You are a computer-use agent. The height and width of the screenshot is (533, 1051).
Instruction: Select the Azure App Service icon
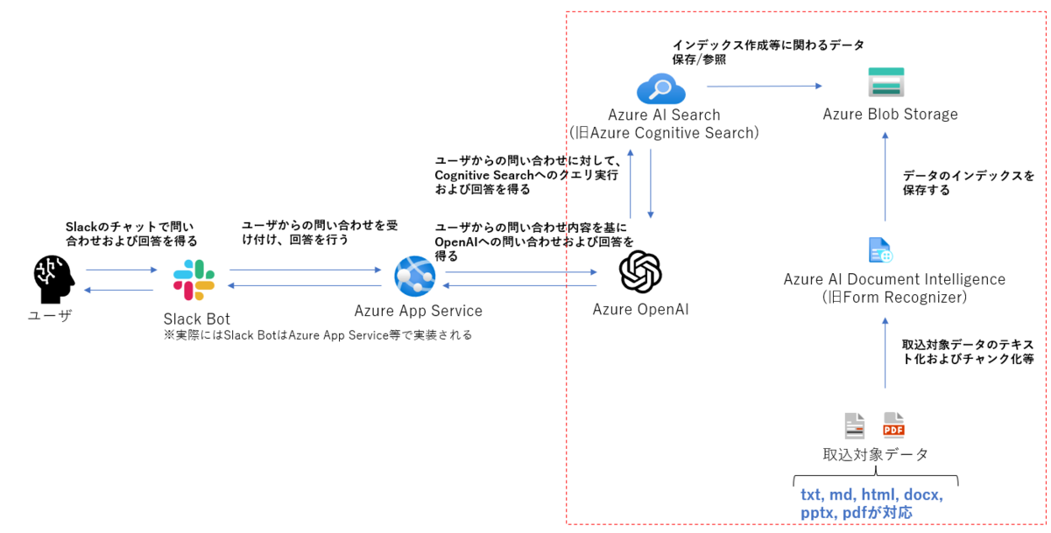tap(414, 277)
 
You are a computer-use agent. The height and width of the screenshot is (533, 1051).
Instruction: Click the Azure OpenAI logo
tap(640, 271)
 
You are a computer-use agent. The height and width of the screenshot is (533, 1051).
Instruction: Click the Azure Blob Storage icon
tap(886, 82)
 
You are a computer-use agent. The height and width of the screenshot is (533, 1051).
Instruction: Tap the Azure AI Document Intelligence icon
tap(880, 250)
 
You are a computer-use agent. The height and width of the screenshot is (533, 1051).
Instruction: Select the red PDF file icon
tap(893, 425)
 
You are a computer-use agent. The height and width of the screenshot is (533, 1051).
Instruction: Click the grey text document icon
tap(854, 425)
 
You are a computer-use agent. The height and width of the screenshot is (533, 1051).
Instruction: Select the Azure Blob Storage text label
tap(890, 115)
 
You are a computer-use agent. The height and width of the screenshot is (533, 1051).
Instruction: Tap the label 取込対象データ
tap(875, 454)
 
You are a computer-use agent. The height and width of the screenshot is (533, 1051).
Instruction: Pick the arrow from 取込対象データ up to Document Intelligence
tap(885, 355)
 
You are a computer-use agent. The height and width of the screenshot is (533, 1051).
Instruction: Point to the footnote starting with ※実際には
tap(318, 335)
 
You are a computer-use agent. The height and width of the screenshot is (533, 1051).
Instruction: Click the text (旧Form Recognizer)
tap(894, 298)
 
